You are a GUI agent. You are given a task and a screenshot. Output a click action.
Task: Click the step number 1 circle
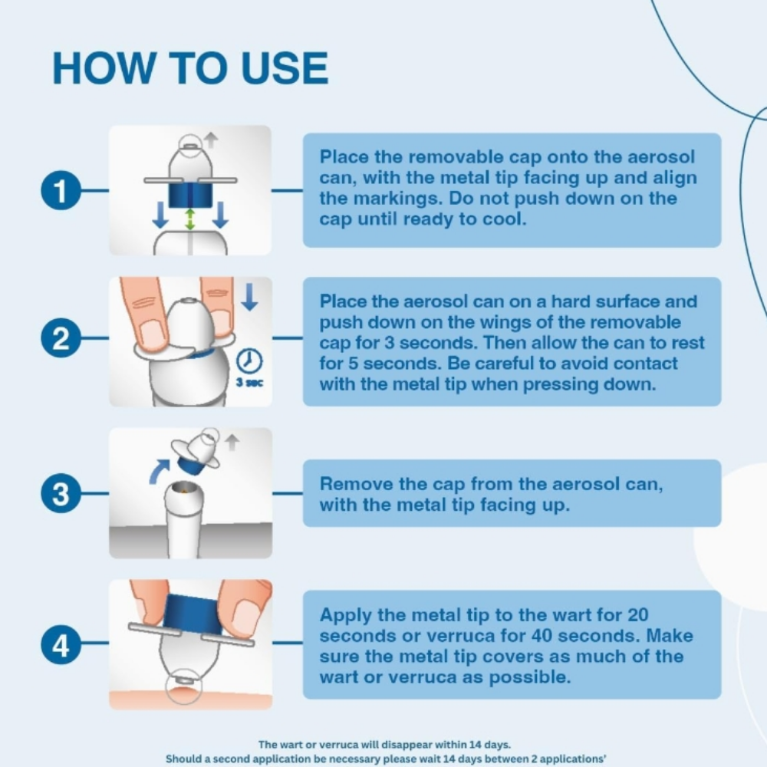(x=60, y=190)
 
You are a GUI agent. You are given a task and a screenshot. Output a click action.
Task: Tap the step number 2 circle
(x=60, y=337)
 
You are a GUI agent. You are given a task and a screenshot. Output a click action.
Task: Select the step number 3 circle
(x=60, y=493)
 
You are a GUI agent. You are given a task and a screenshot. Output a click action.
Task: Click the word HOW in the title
(x=104, y=68)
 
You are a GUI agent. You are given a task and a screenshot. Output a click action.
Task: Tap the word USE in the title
(x=285, y=68)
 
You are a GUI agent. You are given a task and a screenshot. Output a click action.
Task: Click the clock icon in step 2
(x=249, y=361)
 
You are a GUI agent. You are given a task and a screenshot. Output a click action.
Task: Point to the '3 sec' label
(x=249, y=383)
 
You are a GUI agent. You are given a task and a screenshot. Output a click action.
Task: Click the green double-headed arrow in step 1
(x=190, y=219)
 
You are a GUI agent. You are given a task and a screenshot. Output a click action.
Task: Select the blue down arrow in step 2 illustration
(x=249, y=297)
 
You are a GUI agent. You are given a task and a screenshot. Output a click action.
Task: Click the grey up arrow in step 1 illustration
(x=211, y=140)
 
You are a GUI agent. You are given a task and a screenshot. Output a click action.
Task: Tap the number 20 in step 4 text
(x=635, y=615)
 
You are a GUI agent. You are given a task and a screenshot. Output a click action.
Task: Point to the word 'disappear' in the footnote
(x=414, y=745)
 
